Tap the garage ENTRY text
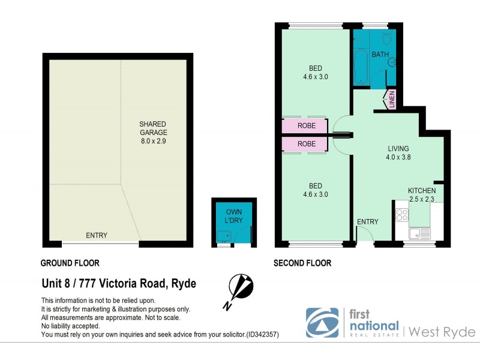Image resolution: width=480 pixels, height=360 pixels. pos(97,235)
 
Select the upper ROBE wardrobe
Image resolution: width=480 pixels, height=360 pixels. pos(306,127)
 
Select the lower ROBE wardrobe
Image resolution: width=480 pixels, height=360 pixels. pos(306,144)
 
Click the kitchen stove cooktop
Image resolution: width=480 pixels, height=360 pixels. pos(402,214)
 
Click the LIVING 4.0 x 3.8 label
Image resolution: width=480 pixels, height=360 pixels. pos(398,153)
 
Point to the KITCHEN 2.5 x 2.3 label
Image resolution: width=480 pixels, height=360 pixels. pos(422,194)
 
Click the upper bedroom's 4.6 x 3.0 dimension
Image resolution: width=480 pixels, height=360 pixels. pos(316,77)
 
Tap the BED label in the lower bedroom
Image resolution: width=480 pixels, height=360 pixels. pos(316,185)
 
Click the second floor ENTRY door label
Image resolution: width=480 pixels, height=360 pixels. pos(368,221)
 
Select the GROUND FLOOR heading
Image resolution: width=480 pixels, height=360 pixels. pos(70,263)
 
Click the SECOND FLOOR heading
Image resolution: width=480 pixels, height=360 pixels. pos(302,263)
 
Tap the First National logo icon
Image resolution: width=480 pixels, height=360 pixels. pos(322,323)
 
